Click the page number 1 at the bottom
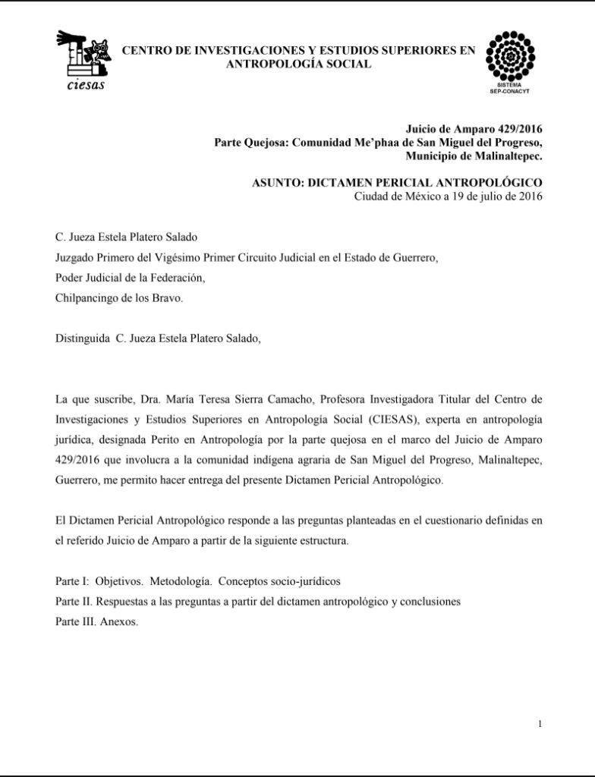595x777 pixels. tap(539, 724)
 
